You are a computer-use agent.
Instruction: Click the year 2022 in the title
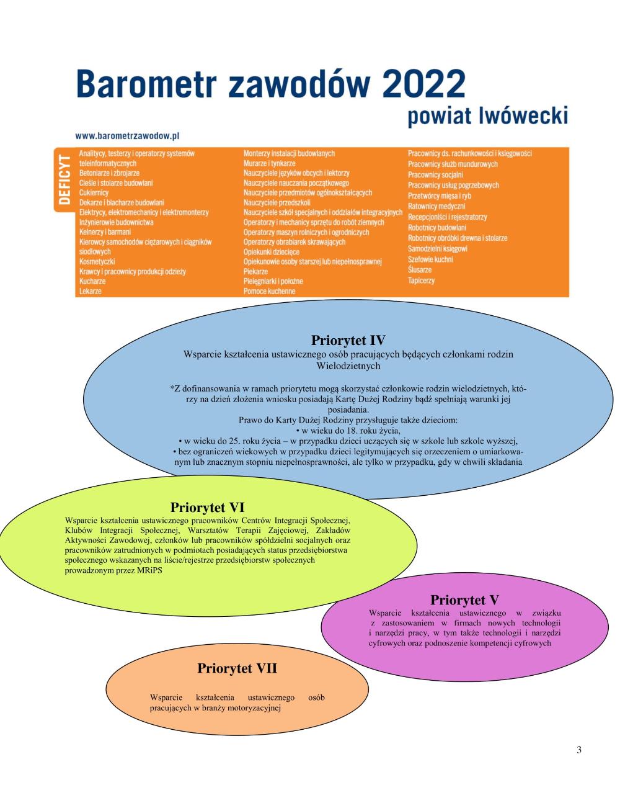tap(423, 83)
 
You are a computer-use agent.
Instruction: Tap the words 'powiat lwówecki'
tap(487, 116)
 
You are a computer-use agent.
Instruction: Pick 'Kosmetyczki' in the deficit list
tap(97, 262)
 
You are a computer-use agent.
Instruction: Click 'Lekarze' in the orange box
tap(91, 291)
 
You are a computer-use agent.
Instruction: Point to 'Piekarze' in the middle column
tap(255, 272)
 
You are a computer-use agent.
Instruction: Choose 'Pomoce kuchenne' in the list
tap(269, 291)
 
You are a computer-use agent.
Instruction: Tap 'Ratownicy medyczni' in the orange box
tap(436, 207)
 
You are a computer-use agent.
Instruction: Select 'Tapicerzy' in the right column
tap(421, 281)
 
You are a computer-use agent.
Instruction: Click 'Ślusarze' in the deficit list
tap(420, 270)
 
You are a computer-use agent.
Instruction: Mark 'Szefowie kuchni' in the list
tap(430, 259)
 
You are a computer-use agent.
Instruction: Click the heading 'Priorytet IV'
tap(348, 340)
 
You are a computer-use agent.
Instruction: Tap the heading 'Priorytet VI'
tap(207, 508)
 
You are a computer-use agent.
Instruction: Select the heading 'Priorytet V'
tap(464, 599)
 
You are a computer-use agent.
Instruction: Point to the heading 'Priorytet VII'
tap(237, 668)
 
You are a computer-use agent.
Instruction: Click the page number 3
tap(579, 750)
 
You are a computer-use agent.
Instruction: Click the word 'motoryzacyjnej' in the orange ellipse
tap(255, 707)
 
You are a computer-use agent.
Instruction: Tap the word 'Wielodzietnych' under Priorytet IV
tap(348, 366)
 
